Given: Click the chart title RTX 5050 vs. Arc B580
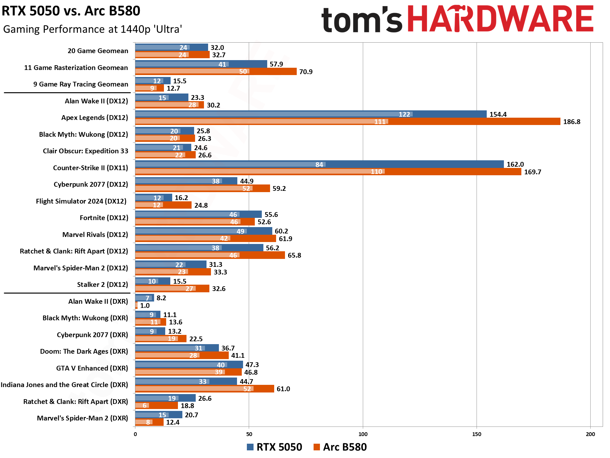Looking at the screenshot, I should coord(71,11).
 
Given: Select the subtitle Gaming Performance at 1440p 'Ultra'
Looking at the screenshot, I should coord(92,29).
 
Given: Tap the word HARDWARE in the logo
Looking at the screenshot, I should coord(500,19).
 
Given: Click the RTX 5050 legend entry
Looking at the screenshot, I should coord(275,447).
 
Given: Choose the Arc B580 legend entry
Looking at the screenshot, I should coord(340,447).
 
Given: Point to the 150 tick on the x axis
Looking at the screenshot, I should coord(476,434).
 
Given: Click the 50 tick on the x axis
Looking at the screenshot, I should coord(249,434).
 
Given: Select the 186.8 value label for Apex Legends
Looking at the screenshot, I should coord(572,122).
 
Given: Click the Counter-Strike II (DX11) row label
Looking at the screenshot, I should coord(90,168).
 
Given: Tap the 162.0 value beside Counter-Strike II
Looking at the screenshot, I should coord(515,164).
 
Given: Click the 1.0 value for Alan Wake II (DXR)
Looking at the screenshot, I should coord(145,306).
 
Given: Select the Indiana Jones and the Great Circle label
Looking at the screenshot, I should coord(64,385).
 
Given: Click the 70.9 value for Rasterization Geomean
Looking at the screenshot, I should coord(306,72).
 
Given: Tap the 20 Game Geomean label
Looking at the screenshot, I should coord(98,51).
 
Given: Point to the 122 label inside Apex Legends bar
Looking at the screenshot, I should coord(404,114).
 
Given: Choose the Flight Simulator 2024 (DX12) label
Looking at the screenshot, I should coord(81,201).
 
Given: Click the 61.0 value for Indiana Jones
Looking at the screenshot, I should coord(283,389).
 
